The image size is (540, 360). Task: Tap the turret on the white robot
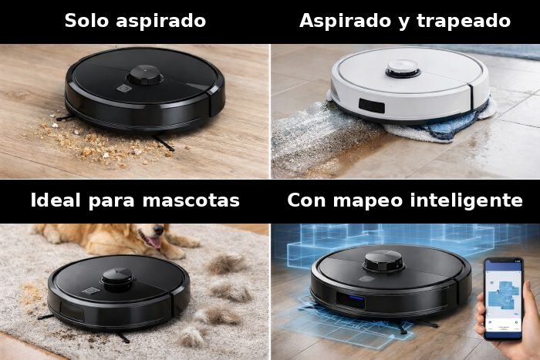click(403, 66)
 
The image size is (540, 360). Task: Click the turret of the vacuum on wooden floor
click(144, 75)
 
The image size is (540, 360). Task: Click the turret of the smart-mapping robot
click(383, 261)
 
